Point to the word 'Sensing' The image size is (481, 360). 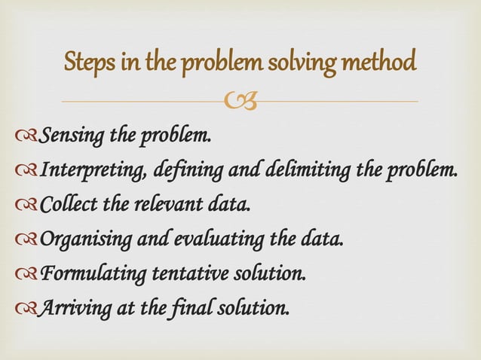point(72,136)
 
